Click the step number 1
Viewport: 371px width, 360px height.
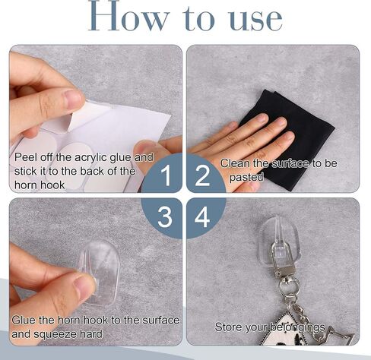(x=166, y=175)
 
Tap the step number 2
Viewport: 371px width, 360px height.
(x=202, y=175)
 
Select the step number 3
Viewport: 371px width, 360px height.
(x=165, y=216)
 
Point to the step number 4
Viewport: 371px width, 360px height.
(x=202, y=216)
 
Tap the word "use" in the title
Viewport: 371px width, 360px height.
(x=256, y=20)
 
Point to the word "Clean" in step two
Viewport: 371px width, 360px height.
(x=233, y=163)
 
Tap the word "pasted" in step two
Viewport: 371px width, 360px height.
(x=246, y=177)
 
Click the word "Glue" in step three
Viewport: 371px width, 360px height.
(x=24, y=321)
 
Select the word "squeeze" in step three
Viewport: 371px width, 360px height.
(x=55, y=334)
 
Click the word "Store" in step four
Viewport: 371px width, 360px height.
(x=227, y=327)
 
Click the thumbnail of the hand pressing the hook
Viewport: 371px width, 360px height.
(x=85, y=287)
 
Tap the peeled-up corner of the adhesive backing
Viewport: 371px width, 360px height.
(x=78, y=117)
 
